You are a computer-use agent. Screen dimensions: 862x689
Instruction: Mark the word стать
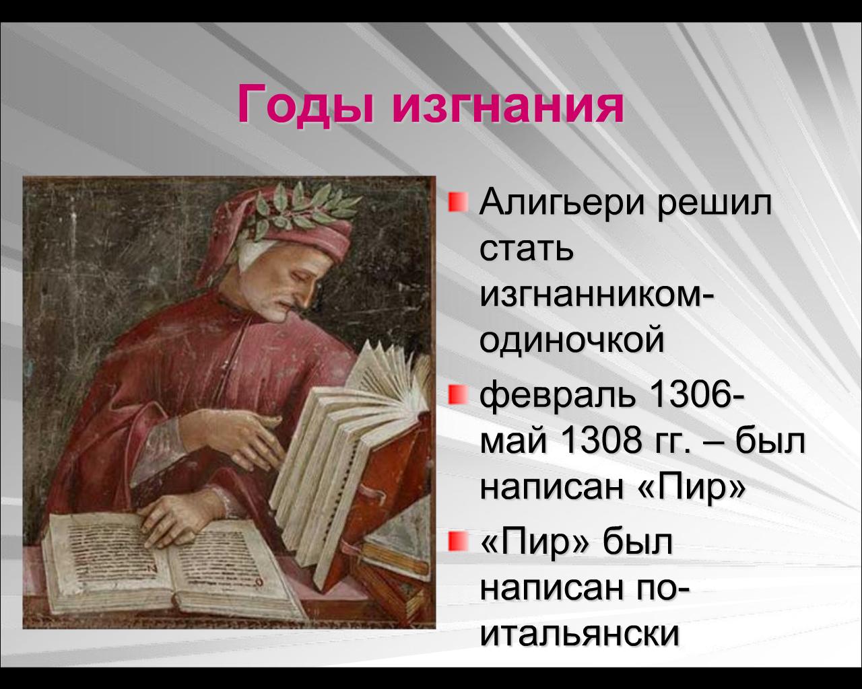(527, 250)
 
